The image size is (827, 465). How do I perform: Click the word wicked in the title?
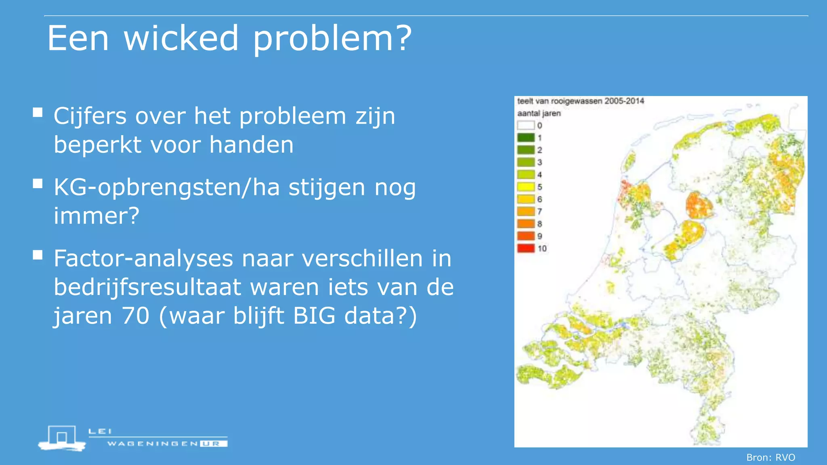point(181,38)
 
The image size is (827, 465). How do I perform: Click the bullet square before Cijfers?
point(38,113)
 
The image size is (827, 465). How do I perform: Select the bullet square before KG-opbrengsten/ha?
point(38,184)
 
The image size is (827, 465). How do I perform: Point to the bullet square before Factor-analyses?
point(38,255)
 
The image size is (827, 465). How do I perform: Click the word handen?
point(251,145)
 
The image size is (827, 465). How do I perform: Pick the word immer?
point(97,216)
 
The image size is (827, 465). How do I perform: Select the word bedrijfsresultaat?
point(147,287)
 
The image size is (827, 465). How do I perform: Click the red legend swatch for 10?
point(526,248)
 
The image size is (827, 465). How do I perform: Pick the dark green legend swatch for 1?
point(526,138)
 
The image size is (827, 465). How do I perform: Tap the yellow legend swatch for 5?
point(526,187)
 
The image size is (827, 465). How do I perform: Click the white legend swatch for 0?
point(526,126)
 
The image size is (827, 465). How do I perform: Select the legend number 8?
point(539,224)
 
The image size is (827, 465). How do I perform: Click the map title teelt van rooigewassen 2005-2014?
point(580,101)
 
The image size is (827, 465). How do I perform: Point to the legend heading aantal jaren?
point(539,113)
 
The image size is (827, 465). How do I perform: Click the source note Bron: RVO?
point(770,457)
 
